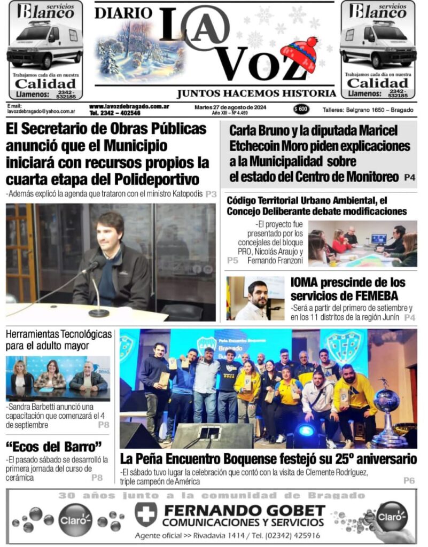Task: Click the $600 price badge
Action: tap(301, 109)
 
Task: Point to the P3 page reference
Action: tap(211, 194)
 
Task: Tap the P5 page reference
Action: tap(232, 260)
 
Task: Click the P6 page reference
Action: tap(409, 481)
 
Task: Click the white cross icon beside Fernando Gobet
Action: tap(145, 513)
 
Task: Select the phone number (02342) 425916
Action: tap(286, 535)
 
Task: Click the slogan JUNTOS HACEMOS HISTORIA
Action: tap(255, 93)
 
